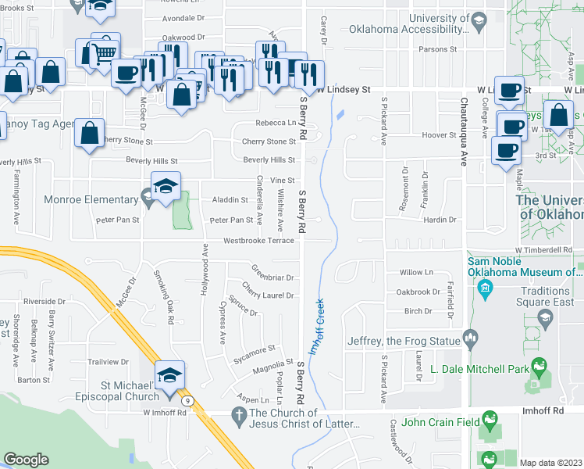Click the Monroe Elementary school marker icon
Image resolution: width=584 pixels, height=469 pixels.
tap(166, 188)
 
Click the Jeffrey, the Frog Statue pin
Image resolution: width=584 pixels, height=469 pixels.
tap(470, 338)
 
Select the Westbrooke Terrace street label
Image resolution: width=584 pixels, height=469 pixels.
tap(258, 241)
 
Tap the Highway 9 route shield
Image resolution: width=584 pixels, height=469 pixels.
tap(187, 401)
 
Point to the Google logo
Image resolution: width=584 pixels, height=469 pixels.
tap(27, 460)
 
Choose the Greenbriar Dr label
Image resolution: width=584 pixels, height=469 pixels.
tap(272, 277)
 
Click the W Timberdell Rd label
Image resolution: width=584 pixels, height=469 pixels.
tap(553, 250)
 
